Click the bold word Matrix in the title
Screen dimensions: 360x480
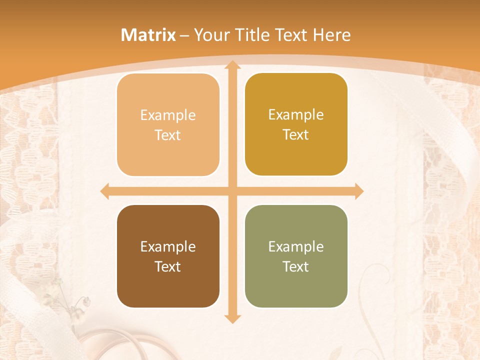pyautogui.click(x=148, y=35)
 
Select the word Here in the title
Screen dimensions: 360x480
pyautogui.click(x=331, y=35)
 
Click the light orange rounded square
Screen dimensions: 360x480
pyautogui.click(x=168, y=125)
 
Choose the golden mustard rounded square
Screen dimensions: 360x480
pyautogui.click(x=296, y=124)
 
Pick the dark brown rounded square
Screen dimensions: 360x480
pyautogui.click(x=168, y=256)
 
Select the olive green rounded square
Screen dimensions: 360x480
pyautogui.click(x=296, y=256)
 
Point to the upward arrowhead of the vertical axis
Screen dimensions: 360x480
pyautogui.click(x=231, y=65)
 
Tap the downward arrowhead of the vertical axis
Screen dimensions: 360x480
pyautogui.click(x=231, y=318)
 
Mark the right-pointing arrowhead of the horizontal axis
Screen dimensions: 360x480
pyautogui.click(x=358, y=191)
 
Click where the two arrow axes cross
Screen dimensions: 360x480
pyautogui.click(x=231, y=191)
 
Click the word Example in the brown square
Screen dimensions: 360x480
pyautogui.click(x=168, y=246)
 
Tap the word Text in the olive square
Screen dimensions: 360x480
pyautogui.click(x=296, y=266)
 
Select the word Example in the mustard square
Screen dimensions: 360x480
pyautogui.click(x=296, y=114)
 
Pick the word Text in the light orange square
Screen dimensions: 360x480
pyautogui.click(x=168, y=135)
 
